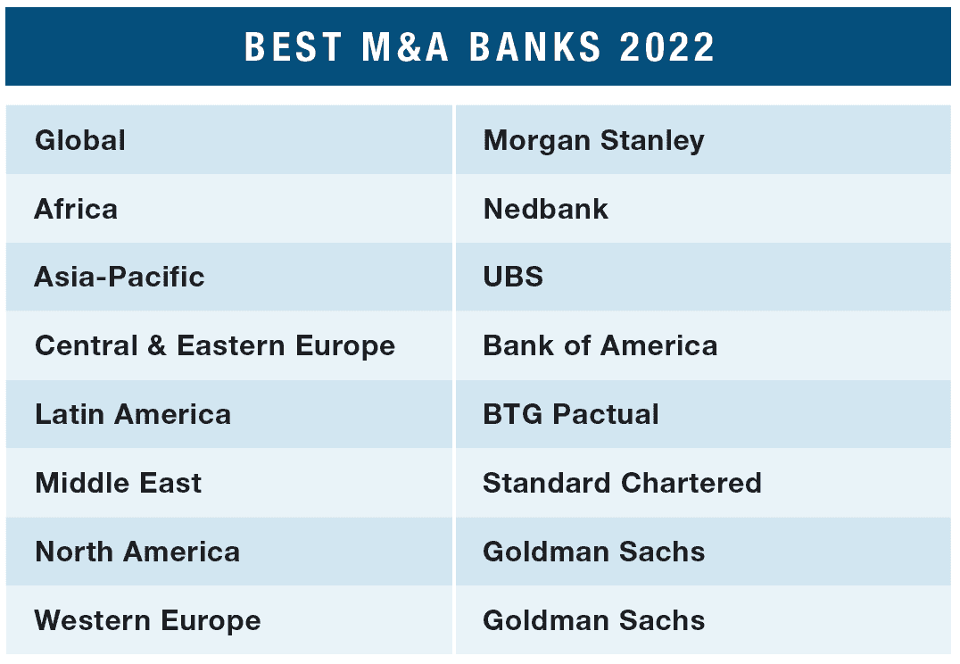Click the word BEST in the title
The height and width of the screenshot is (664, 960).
coord(293,47)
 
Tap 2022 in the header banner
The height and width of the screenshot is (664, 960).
coord(666,47)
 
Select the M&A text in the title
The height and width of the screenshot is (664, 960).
coord(405,47)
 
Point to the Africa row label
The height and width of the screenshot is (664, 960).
coord(76,209)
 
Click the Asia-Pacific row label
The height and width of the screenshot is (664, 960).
coord(120,277)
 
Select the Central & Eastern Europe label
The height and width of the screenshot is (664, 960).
coord(215,346)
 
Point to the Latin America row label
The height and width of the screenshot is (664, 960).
coord(133,414)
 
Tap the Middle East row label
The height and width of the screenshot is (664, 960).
coord(118,483)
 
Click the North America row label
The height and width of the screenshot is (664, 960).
coord(137,552)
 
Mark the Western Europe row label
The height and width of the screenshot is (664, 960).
coord(147,620)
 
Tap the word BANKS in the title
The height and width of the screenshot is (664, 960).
coord(535,47)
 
